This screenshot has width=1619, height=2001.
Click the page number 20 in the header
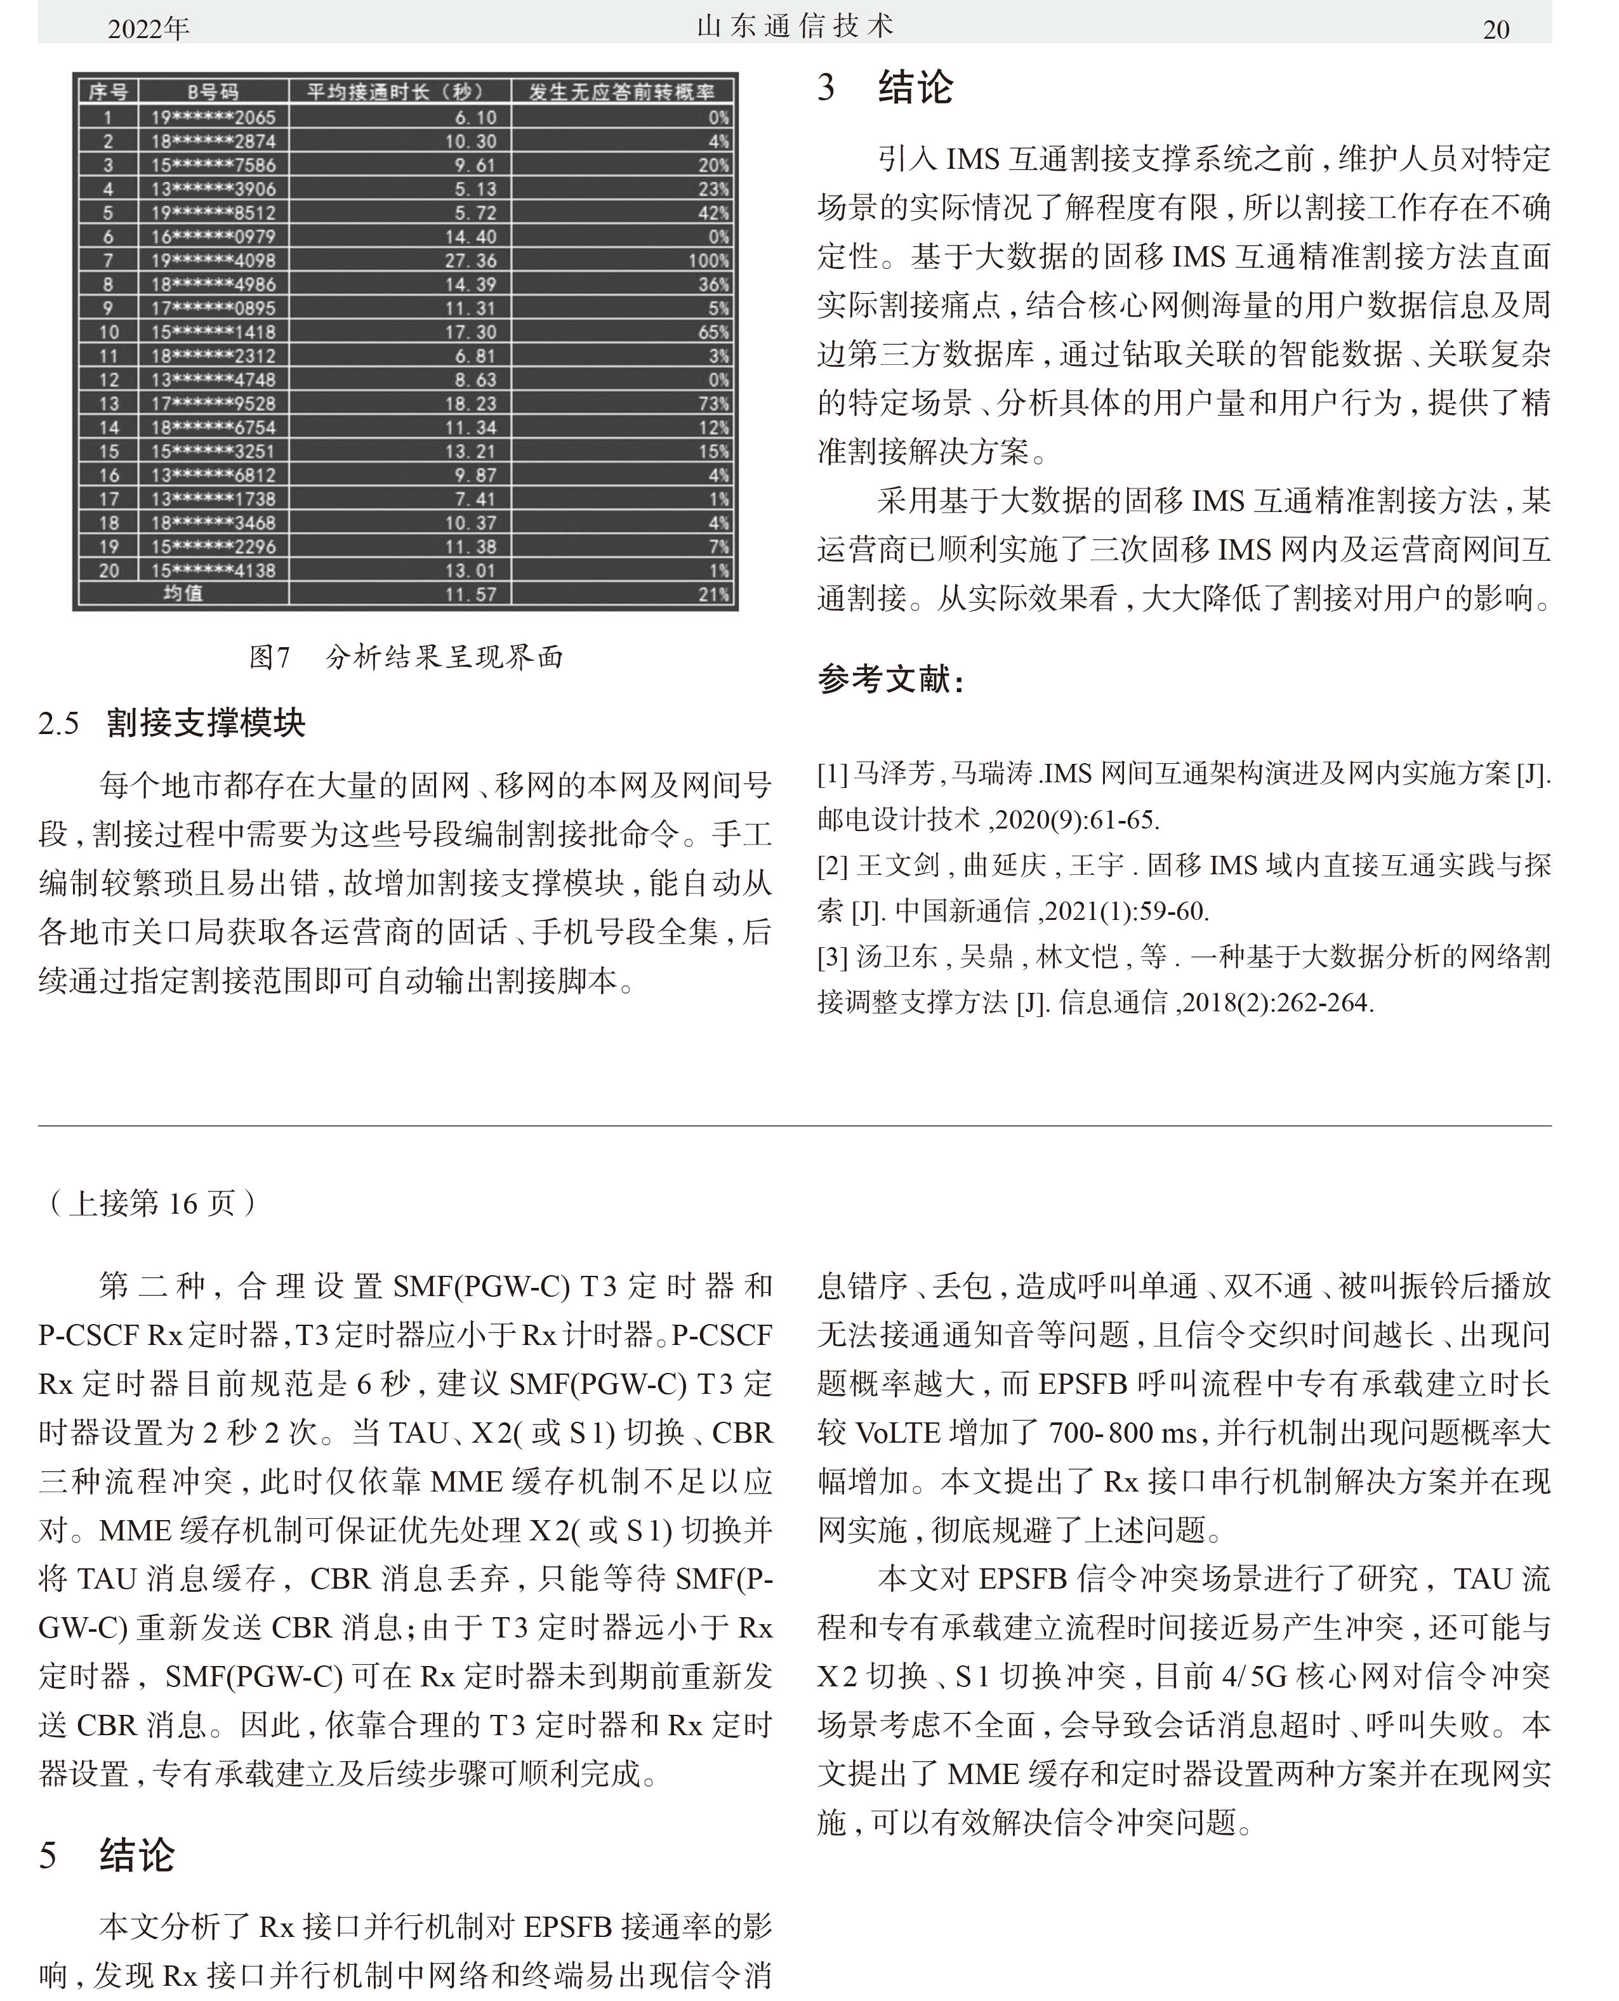[1495, 30]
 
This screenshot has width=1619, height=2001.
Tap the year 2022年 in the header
[149, 30]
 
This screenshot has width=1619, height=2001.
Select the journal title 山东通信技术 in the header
[795, 26]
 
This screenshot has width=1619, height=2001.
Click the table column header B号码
[213, 91]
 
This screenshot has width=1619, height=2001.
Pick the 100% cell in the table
[709, 260]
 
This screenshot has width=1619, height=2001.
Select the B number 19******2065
[214, 117]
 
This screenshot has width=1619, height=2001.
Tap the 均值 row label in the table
[183, 593]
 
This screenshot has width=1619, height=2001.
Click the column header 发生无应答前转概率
[621, 91]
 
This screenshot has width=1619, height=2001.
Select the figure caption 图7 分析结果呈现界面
[407, 657]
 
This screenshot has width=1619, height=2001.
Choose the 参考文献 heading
[890, 679]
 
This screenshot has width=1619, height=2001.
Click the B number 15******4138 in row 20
[214, 570]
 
